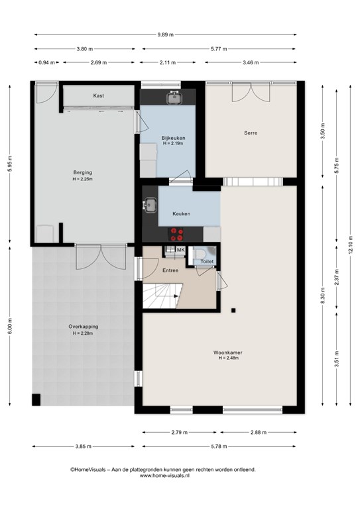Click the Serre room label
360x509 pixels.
coord(251,133)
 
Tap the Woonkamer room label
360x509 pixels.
coord(227,353)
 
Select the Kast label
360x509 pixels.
coord(99,95)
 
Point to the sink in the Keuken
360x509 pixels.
coord(150,205)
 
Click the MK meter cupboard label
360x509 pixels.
coord(180,250)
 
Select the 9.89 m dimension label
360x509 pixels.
coord(166,34)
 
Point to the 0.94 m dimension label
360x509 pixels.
coord(47,63)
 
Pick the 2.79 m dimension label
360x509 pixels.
coord(180,432)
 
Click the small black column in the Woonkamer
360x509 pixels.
coord(233,311)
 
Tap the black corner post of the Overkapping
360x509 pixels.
coord(36,400)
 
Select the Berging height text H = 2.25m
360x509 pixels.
coord(83,179)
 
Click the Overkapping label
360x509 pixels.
coord(83,327)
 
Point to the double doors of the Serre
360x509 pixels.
coord(251,92)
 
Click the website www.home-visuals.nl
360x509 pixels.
coord(164,476)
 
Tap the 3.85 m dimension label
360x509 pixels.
coord(84,446)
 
